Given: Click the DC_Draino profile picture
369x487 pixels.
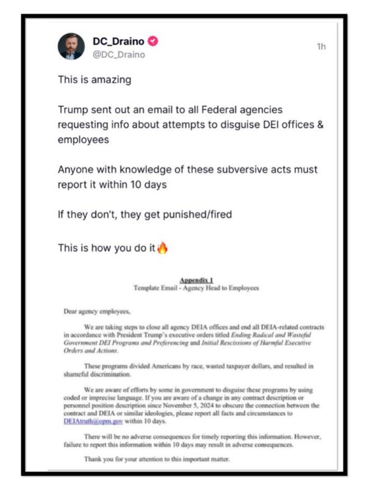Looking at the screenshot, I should click(x=71, y=46).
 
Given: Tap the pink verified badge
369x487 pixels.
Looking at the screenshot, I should click(x=154, y=41).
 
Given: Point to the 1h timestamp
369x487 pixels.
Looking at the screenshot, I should click(x=321, y=46).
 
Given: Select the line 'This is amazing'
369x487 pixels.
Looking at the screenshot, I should click(x=94, y=79).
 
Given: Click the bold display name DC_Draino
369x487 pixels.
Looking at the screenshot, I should click(x=118, y=41).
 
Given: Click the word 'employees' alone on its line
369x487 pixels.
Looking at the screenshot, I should click(x=83, y=139).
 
